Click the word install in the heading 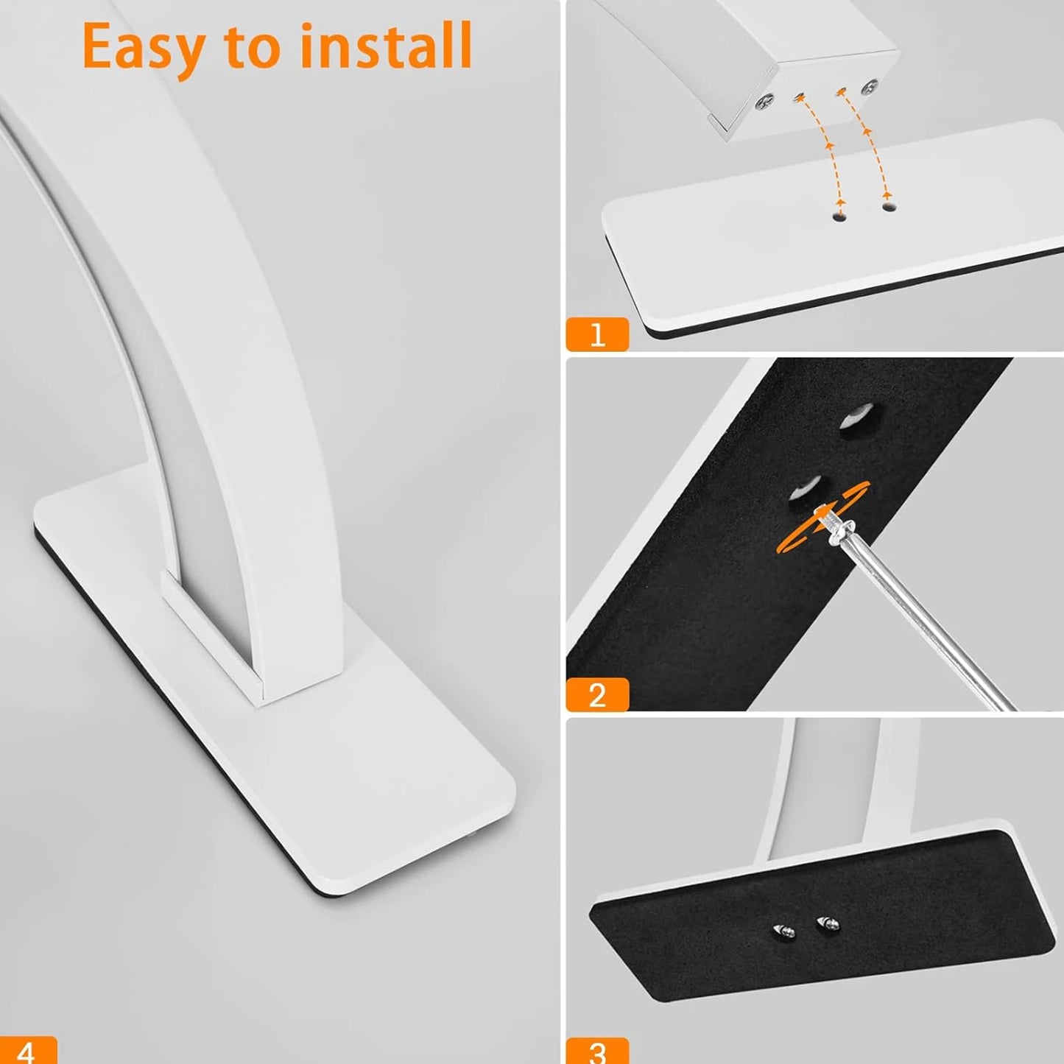[x=386, y=46]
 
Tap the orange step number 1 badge [x=597, y=334]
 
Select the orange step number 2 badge [x=597, y=694]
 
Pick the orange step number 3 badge [x=597, y=1051]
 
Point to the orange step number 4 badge [x=27, y=1051]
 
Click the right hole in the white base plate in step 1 [x=889, y=208]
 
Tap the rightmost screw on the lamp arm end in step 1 [x=872, y=85]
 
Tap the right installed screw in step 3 [x=828, y=922]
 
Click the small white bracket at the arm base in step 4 [x=210, y=630]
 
